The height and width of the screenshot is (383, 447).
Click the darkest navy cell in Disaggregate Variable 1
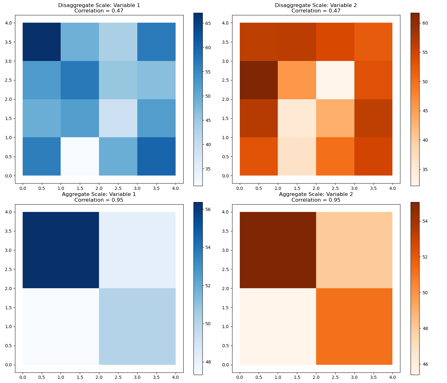(x=42, y=42)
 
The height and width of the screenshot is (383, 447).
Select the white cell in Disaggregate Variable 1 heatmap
(x=80, y=156)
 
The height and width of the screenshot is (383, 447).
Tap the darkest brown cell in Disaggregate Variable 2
(x=259, y=80)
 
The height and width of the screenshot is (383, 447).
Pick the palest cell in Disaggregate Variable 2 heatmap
(x=335, y=80)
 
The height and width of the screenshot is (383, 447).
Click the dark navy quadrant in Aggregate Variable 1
(x=61, y=250)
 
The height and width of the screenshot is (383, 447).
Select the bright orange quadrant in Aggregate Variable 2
(x=354, y=327)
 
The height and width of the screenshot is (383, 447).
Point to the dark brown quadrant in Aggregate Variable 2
(x=278, y=250)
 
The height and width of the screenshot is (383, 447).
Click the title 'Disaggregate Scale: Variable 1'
(x=99, y=5)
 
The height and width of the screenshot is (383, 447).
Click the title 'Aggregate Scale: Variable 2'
(x=316, y=194)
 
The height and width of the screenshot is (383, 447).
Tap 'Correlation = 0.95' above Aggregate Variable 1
(x=99, y=200)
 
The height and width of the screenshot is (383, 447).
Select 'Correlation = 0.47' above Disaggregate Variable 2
(x=316, y=11)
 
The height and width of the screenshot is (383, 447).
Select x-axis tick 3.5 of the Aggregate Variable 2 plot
(x=373, y=377)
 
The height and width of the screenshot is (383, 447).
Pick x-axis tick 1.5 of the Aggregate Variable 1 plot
(x=80, y=377)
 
